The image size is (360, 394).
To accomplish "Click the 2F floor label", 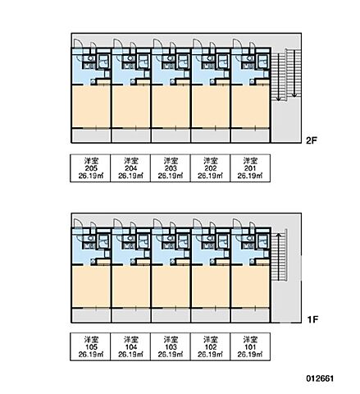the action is tap(312, 140).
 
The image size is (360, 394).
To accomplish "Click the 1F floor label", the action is tap(312, 319).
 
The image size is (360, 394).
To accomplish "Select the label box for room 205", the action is tap(90, 168).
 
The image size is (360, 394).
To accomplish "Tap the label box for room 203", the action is tap(171, 168).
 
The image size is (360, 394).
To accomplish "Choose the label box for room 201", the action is tap(250, 168).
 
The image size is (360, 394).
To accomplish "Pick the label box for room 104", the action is tap(130, 346).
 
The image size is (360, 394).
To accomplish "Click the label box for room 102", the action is tap(210, 346).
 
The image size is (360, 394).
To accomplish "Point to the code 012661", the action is tap(320, 378).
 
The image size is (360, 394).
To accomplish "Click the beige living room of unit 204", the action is tap(131, 107).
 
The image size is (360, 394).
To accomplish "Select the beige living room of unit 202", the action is tap(211, 107).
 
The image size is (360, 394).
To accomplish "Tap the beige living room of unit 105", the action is tap(91, 286).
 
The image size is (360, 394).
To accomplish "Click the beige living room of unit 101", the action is tap(250, 286).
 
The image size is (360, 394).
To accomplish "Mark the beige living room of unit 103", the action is tap(171, 286).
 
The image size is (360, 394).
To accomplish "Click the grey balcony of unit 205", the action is tap(91, 135).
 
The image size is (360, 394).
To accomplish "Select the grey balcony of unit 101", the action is tap(250, 315).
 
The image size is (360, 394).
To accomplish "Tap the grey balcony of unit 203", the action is tap(171, 135).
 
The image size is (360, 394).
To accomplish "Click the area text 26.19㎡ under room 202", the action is tap(210, 176).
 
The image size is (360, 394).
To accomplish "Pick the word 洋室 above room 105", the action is tap(90, 340).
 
